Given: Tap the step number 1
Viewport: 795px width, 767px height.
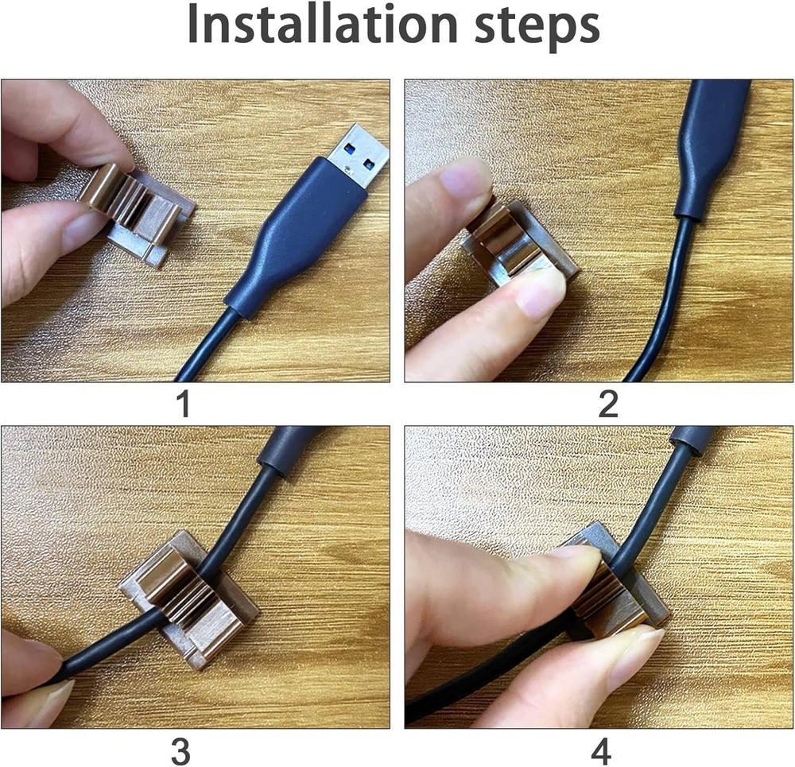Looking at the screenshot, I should coord(183,405).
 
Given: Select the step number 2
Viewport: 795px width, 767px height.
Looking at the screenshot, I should coord(608,405).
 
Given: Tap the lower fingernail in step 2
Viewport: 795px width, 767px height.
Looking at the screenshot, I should coord(541,291).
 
